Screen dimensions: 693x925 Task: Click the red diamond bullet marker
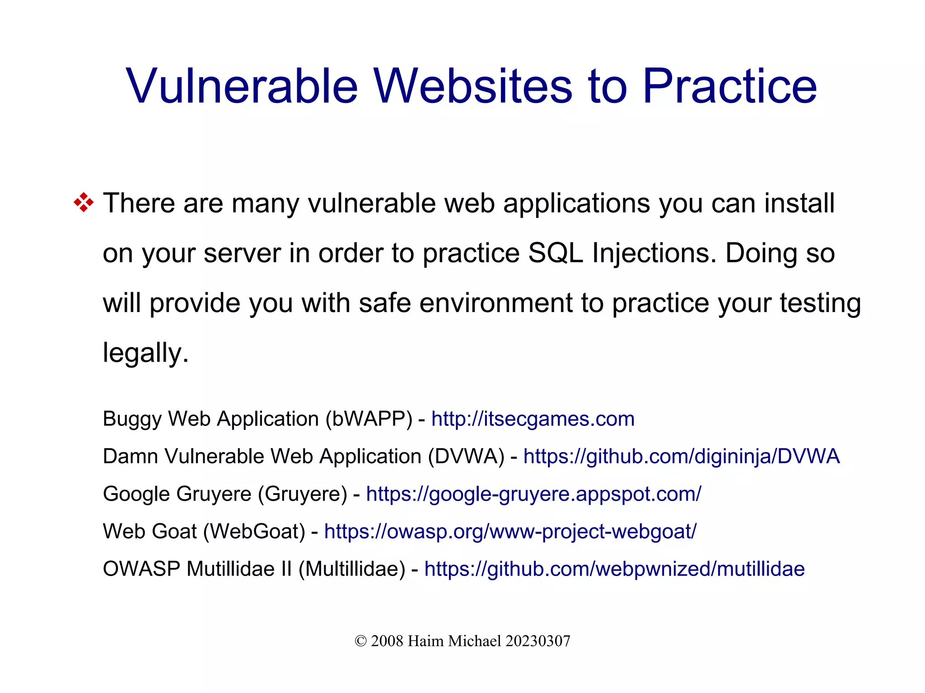(x=84, y=203)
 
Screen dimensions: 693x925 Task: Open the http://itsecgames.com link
(x=533, y=419)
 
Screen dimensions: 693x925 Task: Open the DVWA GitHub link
(x=681, y=456)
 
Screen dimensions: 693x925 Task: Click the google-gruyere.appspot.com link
(x=533, y=494)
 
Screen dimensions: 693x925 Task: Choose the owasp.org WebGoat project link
(x=510, y=531)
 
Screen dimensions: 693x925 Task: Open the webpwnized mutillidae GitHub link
(x=614, y=569)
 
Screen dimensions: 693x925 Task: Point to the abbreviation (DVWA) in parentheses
(x=466, y=456)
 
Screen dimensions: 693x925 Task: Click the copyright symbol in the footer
(x=360, y=641)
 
